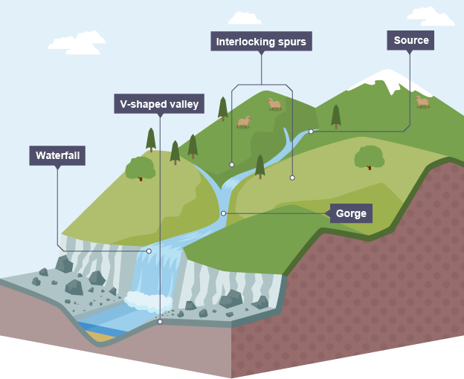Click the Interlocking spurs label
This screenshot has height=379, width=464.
click(261, 41)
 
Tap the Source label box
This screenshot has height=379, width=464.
click(410, 40)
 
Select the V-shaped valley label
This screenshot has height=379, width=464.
click(160, 103)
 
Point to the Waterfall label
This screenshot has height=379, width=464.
click(57, 155)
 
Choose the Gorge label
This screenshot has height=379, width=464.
click(350, 213)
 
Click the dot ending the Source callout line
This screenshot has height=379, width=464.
click(311, 132)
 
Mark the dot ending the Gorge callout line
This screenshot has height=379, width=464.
click(223, 213)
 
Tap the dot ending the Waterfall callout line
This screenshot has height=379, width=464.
click(149, 251)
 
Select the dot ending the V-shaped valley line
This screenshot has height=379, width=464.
click(160, 322)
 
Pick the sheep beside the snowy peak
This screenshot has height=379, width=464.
click(422, 101)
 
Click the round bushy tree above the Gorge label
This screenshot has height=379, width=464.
click(369, 157)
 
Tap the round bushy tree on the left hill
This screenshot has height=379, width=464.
click(140, 169)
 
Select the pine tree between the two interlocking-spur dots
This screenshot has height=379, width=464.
click(260, 166)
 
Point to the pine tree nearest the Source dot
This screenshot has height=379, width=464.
click(335, 116)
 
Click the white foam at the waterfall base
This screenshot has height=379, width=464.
click(148, 300)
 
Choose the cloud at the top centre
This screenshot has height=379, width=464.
click(245, 18)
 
